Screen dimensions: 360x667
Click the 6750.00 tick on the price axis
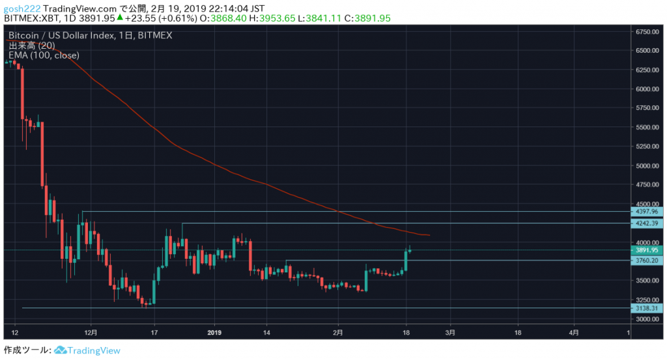[x=646, y=31]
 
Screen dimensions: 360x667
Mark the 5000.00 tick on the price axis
[x=646, y=165]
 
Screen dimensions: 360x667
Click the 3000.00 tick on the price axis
[x=646, y=319]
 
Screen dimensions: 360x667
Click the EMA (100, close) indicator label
[x=44, y=55]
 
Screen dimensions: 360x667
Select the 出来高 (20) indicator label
[x=31, y=46]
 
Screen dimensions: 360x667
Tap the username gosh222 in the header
[x=22, y=7]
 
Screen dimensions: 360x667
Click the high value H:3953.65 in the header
[x=270, y=18]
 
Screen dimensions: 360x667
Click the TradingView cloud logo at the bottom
[x=61, y=350]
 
